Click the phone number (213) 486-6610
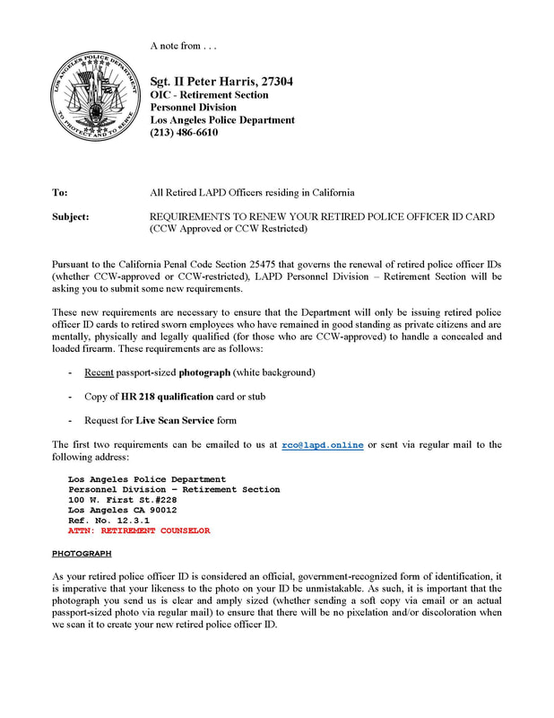[184, 133]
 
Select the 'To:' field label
[60, 192]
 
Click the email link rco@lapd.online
[323, 444]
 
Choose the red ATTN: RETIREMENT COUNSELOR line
[139, 530]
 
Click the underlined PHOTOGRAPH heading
[82, 554]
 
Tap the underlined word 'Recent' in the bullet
[99, 372]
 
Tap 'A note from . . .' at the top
[184, 46]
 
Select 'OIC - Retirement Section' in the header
[209, 95]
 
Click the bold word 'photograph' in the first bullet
[204, 372]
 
